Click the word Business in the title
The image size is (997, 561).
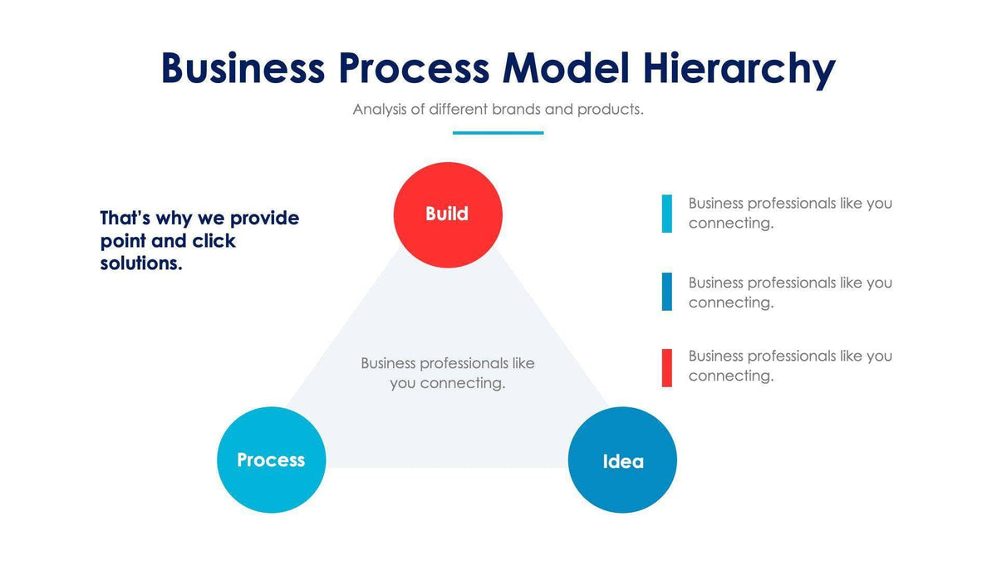pyautogui.click(x=242, y=68)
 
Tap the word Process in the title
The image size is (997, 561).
pyautogui.click(x=413, y=68)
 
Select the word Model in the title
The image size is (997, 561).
pyautogui.click(x=566, y=68)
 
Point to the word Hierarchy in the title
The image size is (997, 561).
pyautogui.click(x=738, y=68)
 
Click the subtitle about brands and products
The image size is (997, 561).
pyautogui.click(x=498, y=109)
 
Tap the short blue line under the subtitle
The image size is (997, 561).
pyautogui.click(x=498, y=132)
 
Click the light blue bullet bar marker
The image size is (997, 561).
pyautogui.click(x=667, y=214)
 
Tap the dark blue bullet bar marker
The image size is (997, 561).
pyautogui.click(x=667, y=292)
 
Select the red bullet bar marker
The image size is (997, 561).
pyautogui.click(x=667, y=368)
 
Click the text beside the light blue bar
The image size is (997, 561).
pyautogui.click(x=789, y=213)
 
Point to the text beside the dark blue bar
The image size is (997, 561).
pyautogui.click(x=789, y=293)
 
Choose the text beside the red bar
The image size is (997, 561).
pyautogui.click(x=789, y=366)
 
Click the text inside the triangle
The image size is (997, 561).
pyautogui.click(x=448, y=373)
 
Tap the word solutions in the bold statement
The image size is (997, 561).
pyautogui.click(x=140, y=263)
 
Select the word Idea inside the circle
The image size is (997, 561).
pyautogui.click(x=622, y=461)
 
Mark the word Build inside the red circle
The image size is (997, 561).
pyautogui.click(x=447, y=214)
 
